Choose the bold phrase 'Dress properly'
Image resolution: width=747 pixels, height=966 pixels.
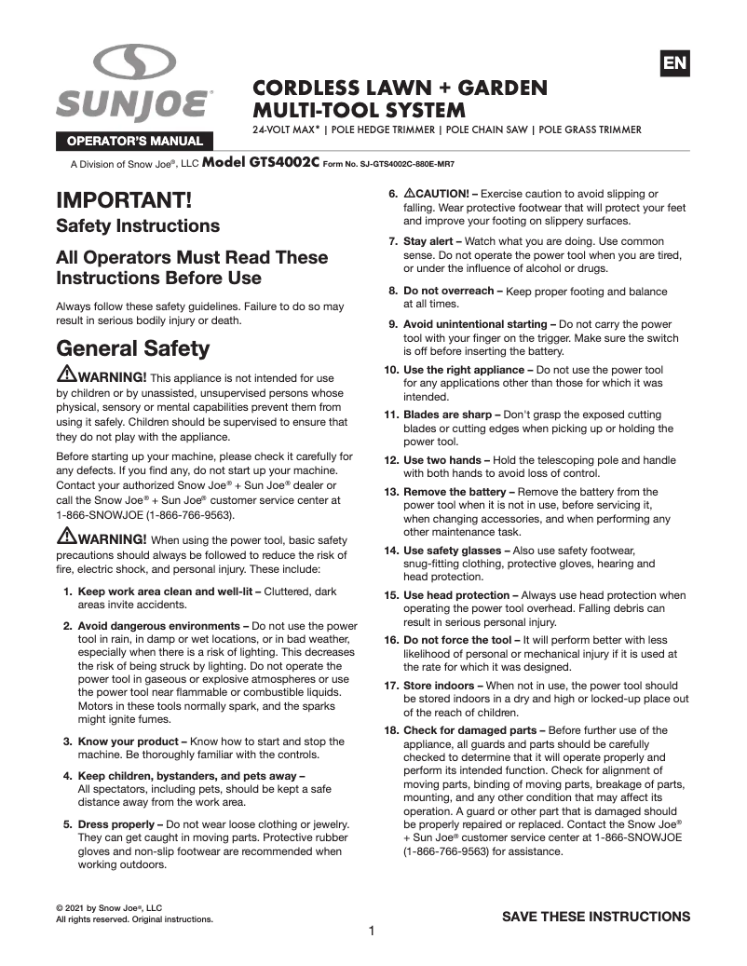click(x=120, y=823)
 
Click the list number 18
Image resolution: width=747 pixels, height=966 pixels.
click(x=391, y=730)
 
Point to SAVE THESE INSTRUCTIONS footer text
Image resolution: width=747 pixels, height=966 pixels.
click(x=596, y=917)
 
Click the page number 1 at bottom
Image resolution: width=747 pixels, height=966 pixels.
click(x=372, y=932)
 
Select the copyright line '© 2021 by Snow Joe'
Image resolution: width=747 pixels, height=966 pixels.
click(x=109, y=907)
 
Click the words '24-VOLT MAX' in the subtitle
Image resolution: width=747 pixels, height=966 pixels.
click(x=287, y=129)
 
